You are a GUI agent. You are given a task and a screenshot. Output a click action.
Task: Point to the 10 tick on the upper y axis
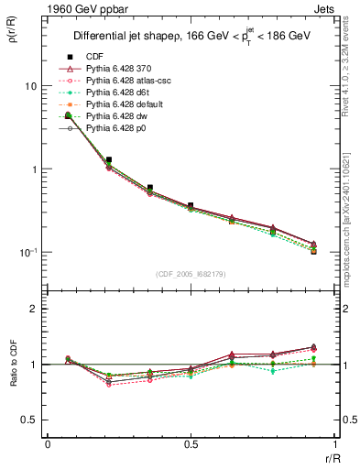pyautogui.click(x=29, y=86)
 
